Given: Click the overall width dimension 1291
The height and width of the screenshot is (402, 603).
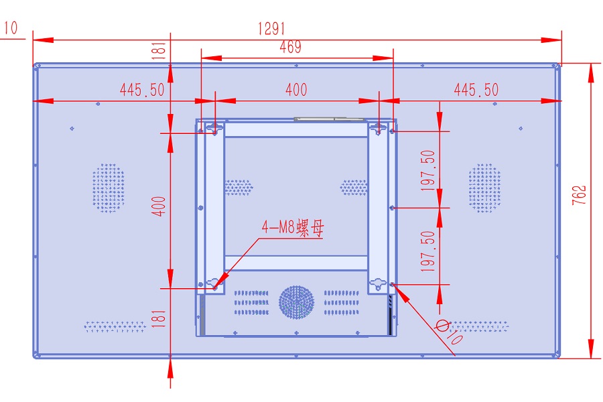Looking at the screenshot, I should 271,28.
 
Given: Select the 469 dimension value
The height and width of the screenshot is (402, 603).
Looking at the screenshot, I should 290,47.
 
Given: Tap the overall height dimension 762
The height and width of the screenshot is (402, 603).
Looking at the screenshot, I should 580,196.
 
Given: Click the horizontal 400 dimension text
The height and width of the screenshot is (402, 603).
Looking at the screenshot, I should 296,90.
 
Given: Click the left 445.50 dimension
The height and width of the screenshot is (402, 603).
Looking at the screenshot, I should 142,90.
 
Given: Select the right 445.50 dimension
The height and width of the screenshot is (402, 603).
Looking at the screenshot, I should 476,90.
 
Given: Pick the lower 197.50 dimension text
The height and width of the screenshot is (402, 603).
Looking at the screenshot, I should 429,251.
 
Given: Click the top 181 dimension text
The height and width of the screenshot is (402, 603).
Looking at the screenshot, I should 159,51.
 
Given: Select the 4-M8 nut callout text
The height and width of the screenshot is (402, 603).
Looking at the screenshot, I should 292,229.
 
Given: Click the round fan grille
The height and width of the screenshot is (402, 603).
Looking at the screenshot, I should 296,302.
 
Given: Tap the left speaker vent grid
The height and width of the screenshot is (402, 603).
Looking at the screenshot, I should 109,188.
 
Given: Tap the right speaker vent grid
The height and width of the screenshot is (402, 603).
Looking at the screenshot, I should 484,188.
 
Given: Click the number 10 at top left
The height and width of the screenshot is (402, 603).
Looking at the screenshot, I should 11,27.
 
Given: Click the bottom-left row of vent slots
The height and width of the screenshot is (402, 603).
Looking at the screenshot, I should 115,326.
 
